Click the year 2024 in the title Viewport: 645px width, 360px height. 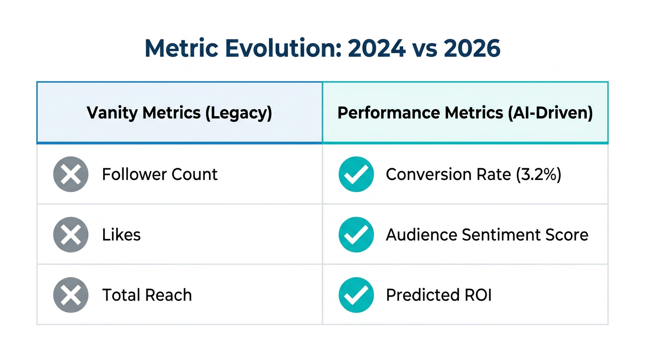click(376, 48)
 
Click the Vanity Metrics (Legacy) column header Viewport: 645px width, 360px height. click(179, 113)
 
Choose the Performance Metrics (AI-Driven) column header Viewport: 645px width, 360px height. click(465, 113)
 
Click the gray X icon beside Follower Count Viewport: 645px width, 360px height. click(71, 174)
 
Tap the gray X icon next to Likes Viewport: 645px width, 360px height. click(71, 234)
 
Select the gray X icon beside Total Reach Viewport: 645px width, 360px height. click(71, 295)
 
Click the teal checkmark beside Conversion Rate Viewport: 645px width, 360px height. click(356, 174)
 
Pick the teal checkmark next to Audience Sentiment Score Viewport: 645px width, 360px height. click(356, 234)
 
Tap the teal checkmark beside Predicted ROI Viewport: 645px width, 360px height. click(356, 295)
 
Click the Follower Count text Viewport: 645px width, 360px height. click(160, 174)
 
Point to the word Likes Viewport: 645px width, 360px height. click(121, 234)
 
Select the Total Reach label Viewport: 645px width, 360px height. click(147, 295)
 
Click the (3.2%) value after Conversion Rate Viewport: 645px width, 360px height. click(538, 174)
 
